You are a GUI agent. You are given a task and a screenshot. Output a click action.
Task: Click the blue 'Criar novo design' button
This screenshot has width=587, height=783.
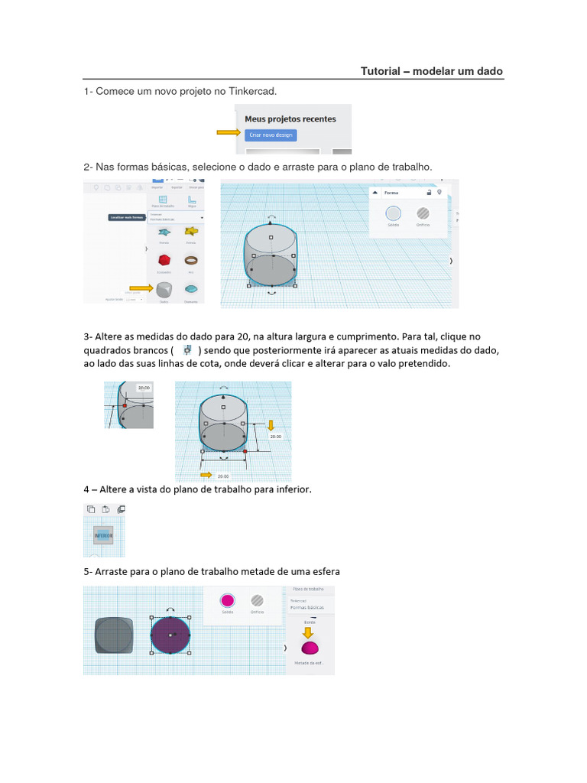pyautogui.click(x=271, y=135)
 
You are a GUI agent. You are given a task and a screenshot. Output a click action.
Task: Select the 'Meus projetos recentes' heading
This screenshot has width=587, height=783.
pyautogui.click(x=290, y=119)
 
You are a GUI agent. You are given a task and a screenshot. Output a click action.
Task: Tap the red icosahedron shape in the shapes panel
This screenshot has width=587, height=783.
pyautogui.click(x=164, y=261)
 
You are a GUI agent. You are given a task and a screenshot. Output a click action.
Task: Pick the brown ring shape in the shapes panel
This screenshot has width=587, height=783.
pyautogui.click(x=190, y=260)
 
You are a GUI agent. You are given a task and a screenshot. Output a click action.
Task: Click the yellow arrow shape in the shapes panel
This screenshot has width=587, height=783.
pyautogui.click(x=191, y=231)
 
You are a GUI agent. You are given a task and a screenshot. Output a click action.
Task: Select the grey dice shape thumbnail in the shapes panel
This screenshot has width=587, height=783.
pyautogui.click(x=164, y=290)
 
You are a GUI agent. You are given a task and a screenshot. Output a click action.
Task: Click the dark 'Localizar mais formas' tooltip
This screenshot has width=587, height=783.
pyautogui.click(x=127, y=218)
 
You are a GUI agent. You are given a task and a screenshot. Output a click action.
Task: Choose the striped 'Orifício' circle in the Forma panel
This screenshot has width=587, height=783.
pyautogui.click(x=423, y=214)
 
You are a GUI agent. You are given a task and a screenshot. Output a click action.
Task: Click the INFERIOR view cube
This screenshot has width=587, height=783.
pyautogui.click(x=103, y=536)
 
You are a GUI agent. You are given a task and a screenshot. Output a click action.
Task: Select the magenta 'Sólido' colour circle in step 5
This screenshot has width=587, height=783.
pyautogui.click(x=227, y=600)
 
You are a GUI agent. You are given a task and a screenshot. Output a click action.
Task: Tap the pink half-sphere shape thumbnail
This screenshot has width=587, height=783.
pyautogui.click(x=310, y=648)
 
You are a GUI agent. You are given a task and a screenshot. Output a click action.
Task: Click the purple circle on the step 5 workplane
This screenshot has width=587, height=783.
pyautogui.click(x=170, y=635)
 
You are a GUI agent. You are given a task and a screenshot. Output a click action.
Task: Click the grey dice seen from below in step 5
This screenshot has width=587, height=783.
pyautogui.click(x=114, y=635)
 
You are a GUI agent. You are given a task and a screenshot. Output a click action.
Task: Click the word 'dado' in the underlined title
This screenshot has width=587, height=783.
pyautogui.click(x=490, y=71)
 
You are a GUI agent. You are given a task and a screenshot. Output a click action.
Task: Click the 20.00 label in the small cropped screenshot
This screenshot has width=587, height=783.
pyautogui.click(x=143, y=388)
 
